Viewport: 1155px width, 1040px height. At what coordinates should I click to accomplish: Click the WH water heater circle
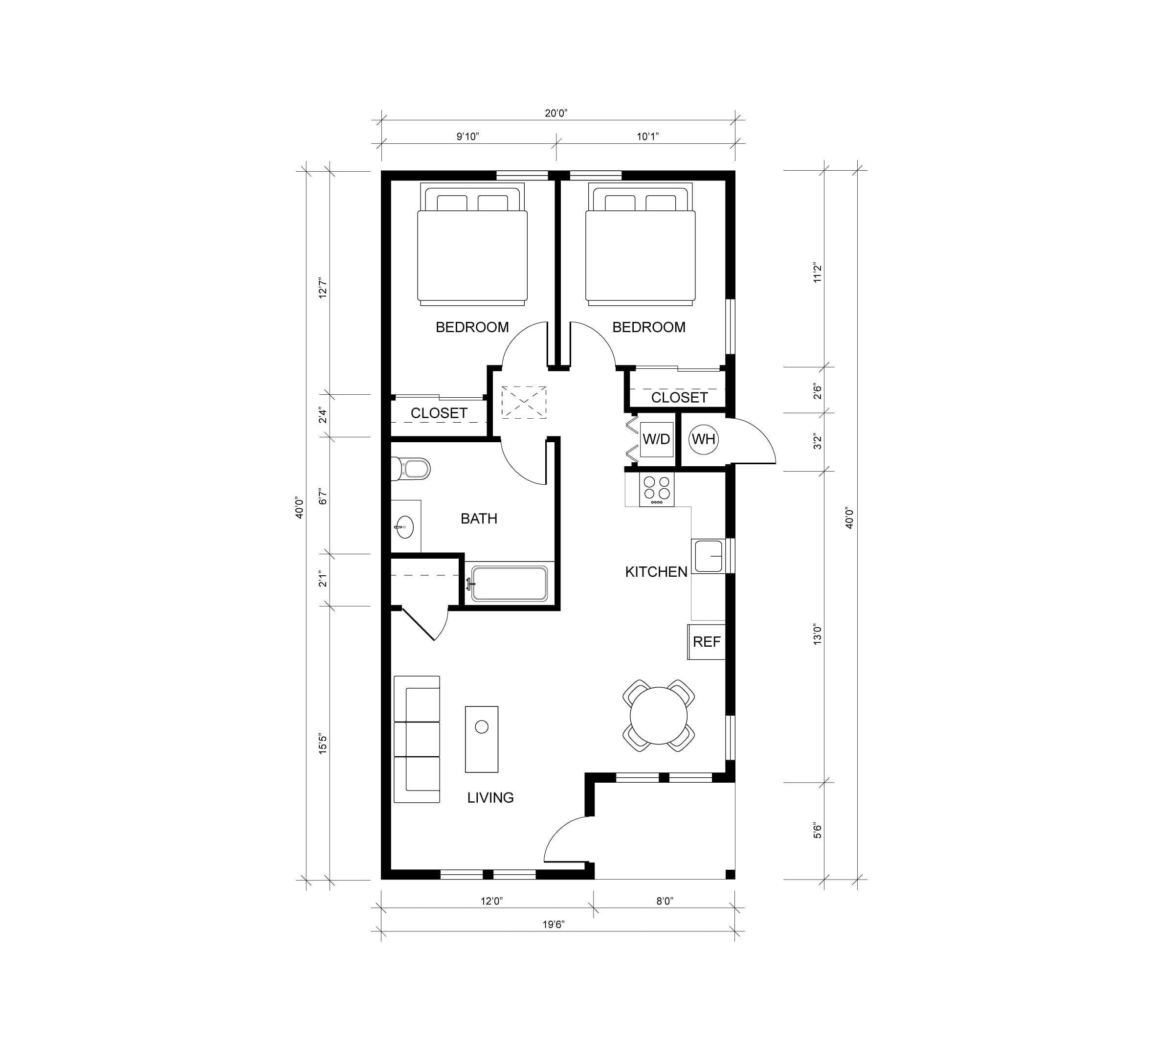[703, 439]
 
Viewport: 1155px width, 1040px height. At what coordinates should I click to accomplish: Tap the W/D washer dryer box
[656, 439]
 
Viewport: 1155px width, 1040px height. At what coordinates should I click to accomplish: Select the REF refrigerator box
[706, 642]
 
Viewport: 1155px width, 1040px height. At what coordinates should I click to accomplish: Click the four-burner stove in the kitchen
[656, 489]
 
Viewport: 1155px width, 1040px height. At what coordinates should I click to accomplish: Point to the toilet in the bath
[410, 469]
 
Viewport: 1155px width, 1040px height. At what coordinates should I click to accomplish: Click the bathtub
[510, 584]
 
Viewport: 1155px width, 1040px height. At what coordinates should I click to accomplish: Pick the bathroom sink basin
[404, 527]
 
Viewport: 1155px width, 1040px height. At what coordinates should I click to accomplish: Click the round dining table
[659, 716]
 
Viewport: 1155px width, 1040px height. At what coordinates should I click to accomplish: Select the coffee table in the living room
[482, 739]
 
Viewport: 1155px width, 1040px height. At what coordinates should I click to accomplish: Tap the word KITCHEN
[656, 571]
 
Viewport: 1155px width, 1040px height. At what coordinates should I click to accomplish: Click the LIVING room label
[490, 798]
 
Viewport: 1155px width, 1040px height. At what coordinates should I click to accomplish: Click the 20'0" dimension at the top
[556, 113]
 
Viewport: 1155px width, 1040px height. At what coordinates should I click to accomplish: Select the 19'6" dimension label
[553, 925]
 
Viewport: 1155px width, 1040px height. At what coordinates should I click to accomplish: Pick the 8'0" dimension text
[665, 901]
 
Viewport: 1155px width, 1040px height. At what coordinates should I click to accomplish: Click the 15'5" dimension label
[323, 744]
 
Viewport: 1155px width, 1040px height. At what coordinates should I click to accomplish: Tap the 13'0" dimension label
[818, 634]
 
